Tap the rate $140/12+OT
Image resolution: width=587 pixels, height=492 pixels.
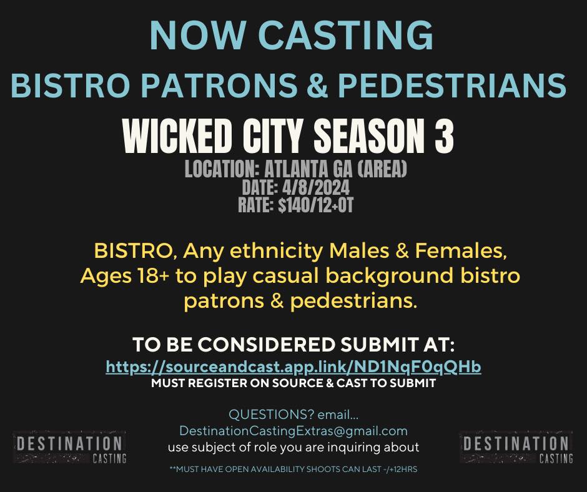316,205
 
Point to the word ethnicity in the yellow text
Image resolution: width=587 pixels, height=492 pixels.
276,251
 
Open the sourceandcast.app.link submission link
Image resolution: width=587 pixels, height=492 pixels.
293,367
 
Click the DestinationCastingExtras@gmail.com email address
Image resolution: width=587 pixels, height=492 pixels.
293,431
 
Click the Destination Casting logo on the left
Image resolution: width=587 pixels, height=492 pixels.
70,448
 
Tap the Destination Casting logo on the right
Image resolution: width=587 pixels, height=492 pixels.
516,448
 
